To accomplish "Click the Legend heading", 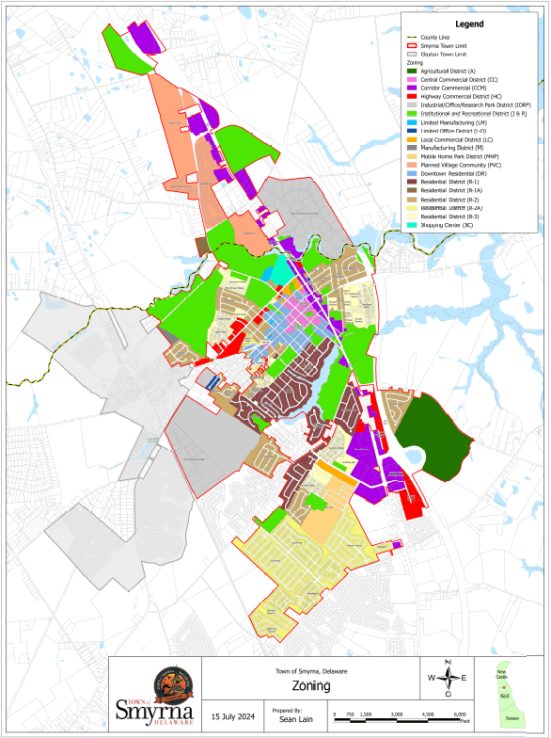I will coord(469,22).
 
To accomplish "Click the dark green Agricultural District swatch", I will coord(412,72).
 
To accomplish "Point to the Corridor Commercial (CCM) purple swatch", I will coord(412,88).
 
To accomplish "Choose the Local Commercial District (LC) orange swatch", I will coord(412,139).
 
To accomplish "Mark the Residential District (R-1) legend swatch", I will coord(412,183).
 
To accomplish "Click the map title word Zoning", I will coord(310,686).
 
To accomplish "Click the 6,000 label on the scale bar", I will coord(460,715).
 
